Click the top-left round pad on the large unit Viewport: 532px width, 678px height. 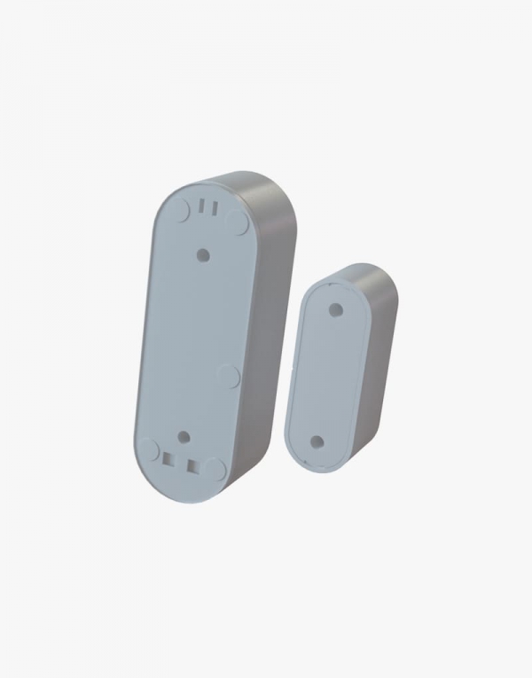[x=181, y=211]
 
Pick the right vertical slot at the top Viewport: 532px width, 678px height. [x=214, y=207]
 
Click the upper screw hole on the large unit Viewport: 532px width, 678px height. [x=203, y=254]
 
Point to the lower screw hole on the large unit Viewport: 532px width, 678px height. [x=184, y=436]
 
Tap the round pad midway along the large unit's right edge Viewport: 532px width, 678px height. [x=229, y=377]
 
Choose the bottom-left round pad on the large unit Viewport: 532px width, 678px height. [x=149, y=449]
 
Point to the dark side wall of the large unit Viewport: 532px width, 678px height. [x=270, y=310]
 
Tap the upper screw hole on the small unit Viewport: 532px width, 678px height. [x=336, y=309]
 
